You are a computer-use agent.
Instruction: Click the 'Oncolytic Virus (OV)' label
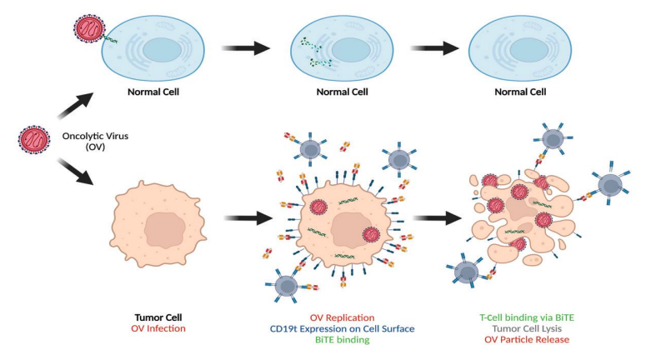click(x=93, y=143)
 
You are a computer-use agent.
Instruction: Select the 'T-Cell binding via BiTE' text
click(x=524, y=317)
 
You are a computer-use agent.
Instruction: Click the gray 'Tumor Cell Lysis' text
click(x=524, y=328)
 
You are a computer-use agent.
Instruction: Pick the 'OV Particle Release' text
click(x=524, y=340)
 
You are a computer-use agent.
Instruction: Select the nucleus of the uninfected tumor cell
click(x=163, y=227)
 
